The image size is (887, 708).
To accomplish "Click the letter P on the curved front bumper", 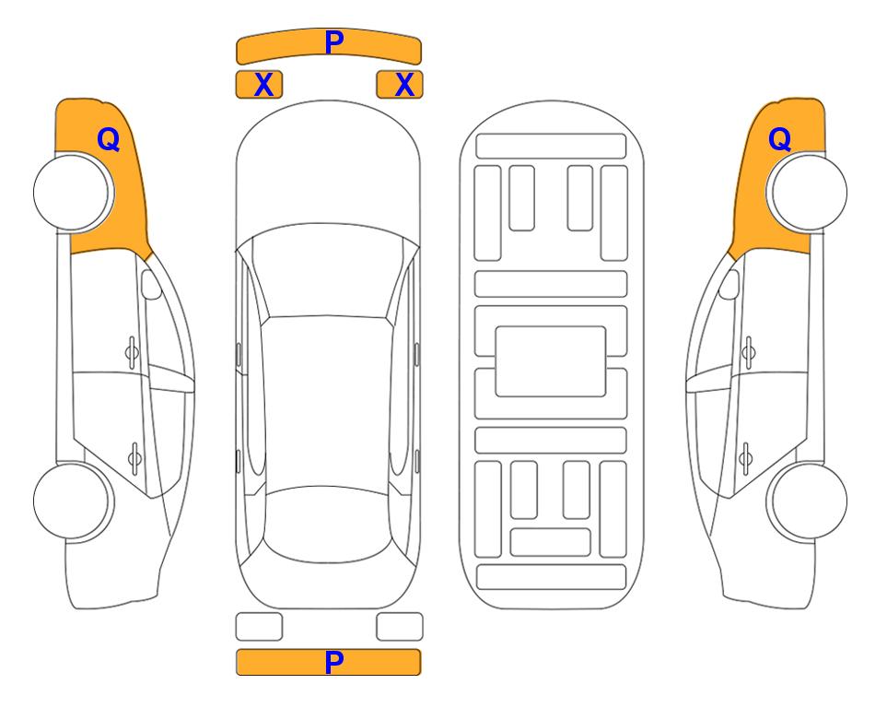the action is click(x=334, y=42).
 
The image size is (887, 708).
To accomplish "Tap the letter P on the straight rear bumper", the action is click(x=334, y=662).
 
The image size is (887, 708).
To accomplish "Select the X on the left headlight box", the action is click(x=264, y=85).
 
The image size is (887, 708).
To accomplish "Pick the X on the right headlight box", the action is click(x=404, y=85).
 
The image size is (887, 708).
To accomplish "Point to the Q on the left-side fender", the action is click(x=109, y=139).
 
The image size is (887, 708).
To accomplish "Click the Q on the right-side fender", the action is click(x=779, y=139).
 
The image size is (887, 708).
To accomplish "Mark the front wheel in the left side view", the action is click(x=74, y=193).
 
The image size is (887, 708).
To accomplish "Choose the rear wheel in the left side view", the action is click(x=74, y=501).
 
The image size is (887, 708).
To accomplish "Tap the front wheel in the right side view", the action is click(x=807, y=192).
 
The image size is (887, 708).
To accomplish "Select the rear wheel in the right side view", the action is click(x=807, y=501).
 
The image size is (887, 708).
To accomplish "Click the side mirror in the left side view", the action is click(x=150, y=284).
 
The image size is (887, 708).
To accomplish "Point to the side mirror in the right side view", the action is click(x=729, y=284).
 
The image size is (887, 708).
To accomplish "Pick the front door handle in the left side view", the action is click(x=132, y=353).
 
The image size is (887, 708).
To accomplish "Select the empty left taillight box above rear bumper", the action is click(x=259, y=627).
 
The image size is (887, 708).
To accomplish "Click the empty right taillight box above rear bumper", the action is click(x=400, y=627).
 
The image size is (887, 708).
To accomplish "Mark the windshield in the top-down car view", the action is click(x=328, y=272).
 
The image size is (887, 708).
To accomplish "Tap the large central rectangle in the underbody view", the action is click(x=551, y=361).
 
